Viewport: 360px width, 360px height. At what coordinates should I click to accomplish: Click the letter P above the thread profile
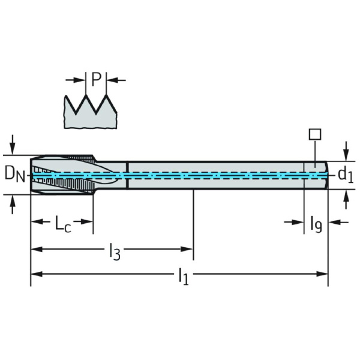pyautogui.click(x=97, y=79)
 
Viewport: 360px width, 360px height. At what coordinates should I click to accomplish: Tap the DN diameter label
pyautogui.click(x=15, y=175)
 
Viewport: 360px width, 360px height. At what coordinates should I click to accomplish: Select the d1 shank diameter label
pyautogui.click(x=346, y=176)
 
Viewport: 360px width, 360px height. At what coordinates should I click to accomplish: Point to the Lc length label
pyautogui.click(x=63, y=223)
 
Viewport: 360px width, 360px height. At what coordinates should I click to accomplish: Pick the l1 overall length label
pyautogui.click(x=184, y=277)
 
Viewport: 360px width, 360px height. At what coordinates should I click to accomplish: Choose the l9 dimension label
pyautogui.click(x=316, y=224)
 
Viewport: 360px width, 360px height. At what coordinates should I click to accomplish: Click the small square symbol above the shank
pyautogui.click(x=315, y=134)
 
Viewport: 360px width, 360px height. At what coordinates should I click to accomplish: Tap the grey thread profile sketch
pyautogui.click(x=90, y=112)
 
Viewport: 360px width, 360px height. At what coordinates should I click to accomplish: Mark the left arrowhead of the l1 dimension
pyautogui.click(x=37, y=274)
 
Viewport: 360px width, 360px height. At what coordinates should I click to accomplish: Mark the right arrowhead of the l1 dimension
pyautogui.click(x=322, y=274)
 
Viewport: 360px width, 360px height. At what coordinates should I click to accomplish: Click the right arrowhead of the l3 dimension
pyautogui.click(x=187, y=249)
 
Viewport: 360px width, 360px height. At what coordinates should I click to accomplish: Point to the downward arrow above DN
pyautogui.click(x=13, y=145)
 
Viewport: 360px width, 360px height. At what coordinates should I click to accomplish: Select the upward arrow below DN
pyautogui.click(x=13, y=205)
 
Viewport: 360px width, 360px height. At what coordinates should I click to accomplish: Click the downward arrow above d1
pyautogui.click(x=346, y=152)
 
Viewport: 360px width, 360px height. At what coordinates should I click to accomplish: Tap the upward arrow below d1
pyautogui.click(x=346, y=199)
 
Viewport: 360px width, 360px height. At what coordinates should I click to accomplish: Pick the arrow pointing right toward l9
pyautogui.click(x=294, y=222)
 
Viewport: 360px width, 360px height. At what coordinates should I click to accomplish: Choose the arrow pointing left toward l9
pyautogui.click(x=338, y=222)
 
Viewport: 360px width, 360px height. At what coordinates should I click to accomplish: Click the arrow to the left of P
pyautogui.click(x=76, y=80)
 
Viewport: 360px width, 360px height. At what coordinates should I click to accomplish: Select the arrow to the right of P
pyautogui.click(x=116, y=80)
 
